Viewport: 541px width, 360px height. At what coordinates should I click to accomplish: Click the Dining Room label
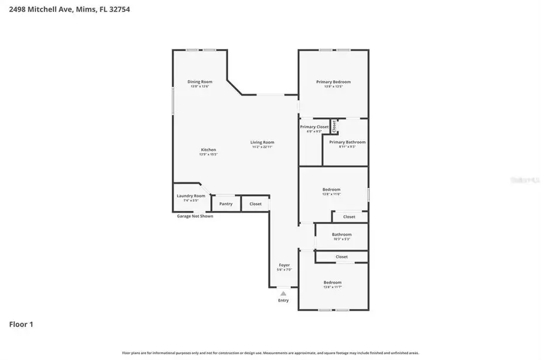coord(200,82)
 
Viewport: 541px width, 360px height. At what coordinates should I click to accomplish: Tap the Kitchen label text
coord(208,149)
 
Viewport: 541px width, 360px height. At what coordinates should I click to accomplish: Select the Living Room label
coord(262,142)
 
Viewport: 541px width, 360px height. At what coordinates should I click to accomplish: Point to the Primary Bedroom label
coord(333,82)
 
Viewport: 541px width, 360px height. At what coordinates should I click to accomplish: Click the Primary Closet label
coord(315,127)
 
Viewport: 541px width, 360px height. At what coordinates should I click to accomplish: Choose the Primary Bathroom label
coord(347,142)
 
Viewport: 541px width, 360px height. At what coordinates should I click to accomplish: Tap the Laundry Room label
coord(191,196)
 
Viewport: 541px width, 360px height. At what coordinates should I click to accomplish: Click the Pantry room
coord(226,204)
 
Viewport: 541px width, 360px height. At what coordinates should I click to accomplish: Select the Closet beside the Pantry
coord(256,204)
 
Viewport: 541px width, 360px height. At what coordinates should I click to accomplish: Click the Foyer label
coord(284,265)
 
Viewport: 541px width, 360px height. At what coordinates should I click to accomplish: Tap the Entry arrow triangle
coord(283,293)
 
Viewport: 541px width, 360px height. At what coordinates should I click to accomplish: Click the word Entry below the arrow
coord(283,300)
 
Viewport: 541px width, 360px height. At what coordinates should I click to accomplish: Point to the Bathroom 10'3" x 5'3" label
coord(342,235)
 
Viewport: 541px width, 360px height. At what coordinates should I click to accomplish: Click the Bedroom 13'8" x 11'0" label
coord(332,190)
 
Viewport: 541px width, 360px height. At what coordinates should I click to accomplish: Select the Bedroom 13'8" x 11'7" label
coord(333,283)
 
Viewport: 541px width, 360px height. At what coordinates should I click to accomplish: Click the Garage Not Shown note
coord(195,216)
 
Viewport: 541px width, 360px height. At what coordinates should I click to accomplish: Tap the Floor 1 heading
coord(21,325)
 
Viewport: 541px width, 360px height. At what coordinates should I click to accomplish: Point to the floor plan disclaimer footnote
coord(270,353)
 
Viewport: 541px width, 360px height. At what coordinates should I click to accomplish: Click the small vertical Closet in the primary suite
coord(334,126)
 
